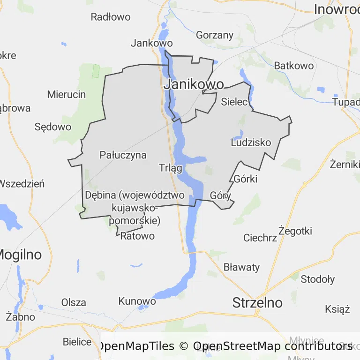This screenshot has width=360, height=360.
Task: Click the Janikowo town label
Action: (x=193, y=85)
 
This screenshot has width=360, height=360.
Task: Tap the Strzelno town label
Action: (x=257, y=303)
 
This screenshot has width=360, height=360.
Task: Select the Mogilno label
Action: (x=19, y=255)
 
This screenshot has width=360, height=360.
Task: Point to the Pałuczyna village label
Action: (x=123, y=155)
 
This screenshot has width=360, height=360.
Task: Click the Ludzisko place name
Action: (x=251, y=142)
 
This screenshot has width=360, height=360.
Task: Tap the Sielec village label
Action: (x=234, y=101)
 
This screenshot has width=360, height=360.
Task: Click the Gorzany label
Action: (x=215, y=35)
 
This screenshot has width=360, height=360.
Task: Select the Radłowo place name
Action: (x=111, y=17)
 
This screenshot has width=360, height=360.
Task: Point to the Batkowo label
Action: (x=294, y=66)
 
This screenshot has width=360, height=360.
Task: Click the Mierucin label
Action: (x=67, y=95)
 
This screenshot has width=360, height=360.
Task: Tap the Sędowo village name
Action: (x=53, y=127)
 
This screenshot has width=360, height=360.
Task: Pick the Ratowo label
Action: (x=137, y=236)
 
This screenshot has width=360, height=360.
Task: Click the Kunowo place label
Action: (x=137, y=301)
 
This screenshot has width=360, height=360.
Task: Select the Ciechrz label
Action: (x=260, y=238)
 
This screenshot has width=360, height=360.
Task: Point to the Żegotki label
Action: (x=295, y=231)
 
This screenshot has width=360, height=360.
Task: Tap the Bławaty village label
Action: (x=241, y=268)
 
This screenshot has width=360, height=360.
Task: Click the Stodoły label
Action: (x=318, y=280)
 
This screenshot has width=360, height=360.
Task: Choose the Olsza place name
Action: (x=74, y=303)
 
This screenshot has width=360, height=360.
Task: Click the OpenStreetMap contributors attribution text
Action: (x=273, y=346)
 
